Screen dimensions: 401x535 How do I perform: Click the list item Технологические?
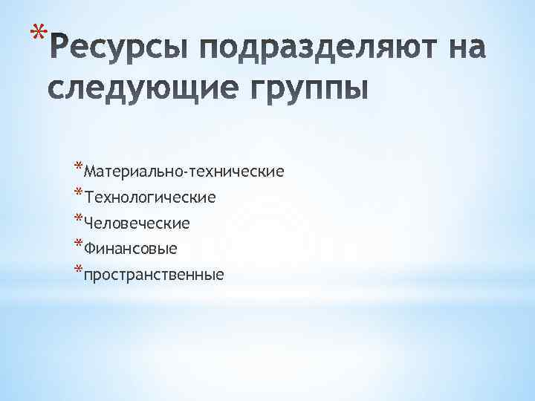(150, 198)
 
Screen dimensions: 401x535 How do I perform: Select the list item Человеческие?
(137, 223)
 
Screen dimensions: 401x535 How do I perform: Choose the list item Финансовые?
(131, 249)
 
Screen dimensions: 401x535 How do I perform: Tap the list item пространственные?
(154, 275)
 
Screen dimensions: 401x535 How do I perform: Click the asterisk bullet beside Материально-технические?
(79, 166)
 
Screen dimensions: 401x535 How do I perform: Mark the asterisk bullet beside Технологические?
(79, 192)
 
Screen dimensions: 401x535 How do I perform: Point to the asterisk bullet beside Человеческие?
(79, 218)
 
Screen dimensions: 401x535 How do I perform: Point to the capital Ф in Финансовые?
(91, 249)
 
